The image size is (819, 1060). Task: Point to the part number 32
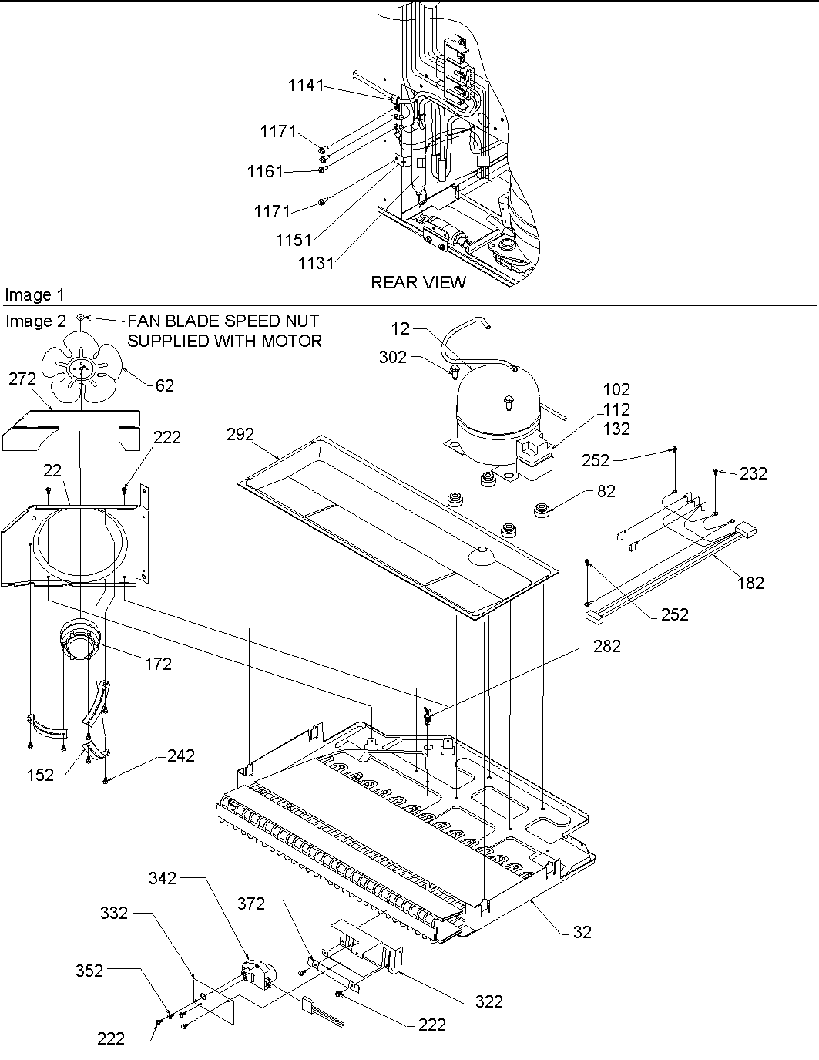click(582, 932)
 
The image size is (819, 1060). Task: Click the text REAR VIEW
click(418, 282)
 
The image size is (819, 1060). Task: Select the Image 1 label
click(35, 294)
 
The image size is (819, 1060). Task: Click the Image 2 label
click(35, 321)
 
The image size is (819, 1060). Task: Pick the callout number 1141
click(306, 86)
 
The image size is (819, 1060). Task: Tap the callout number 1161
click(265, 171)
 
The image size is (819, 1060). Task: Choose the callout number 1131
click(316, 263)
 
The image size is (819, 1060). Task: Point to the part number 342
click(163, 878)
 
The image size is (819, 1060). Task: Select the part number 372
click(251, 904)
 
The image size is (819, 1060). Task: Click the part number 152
click(41, 775)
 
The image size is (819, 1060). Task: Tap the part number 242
click(181, 755)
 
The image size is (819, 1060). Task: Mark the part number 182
click(750, 582)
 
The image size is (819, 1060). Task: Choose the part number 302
click(393, 357)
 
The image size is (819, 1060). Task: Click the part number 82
click(606, 491)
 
